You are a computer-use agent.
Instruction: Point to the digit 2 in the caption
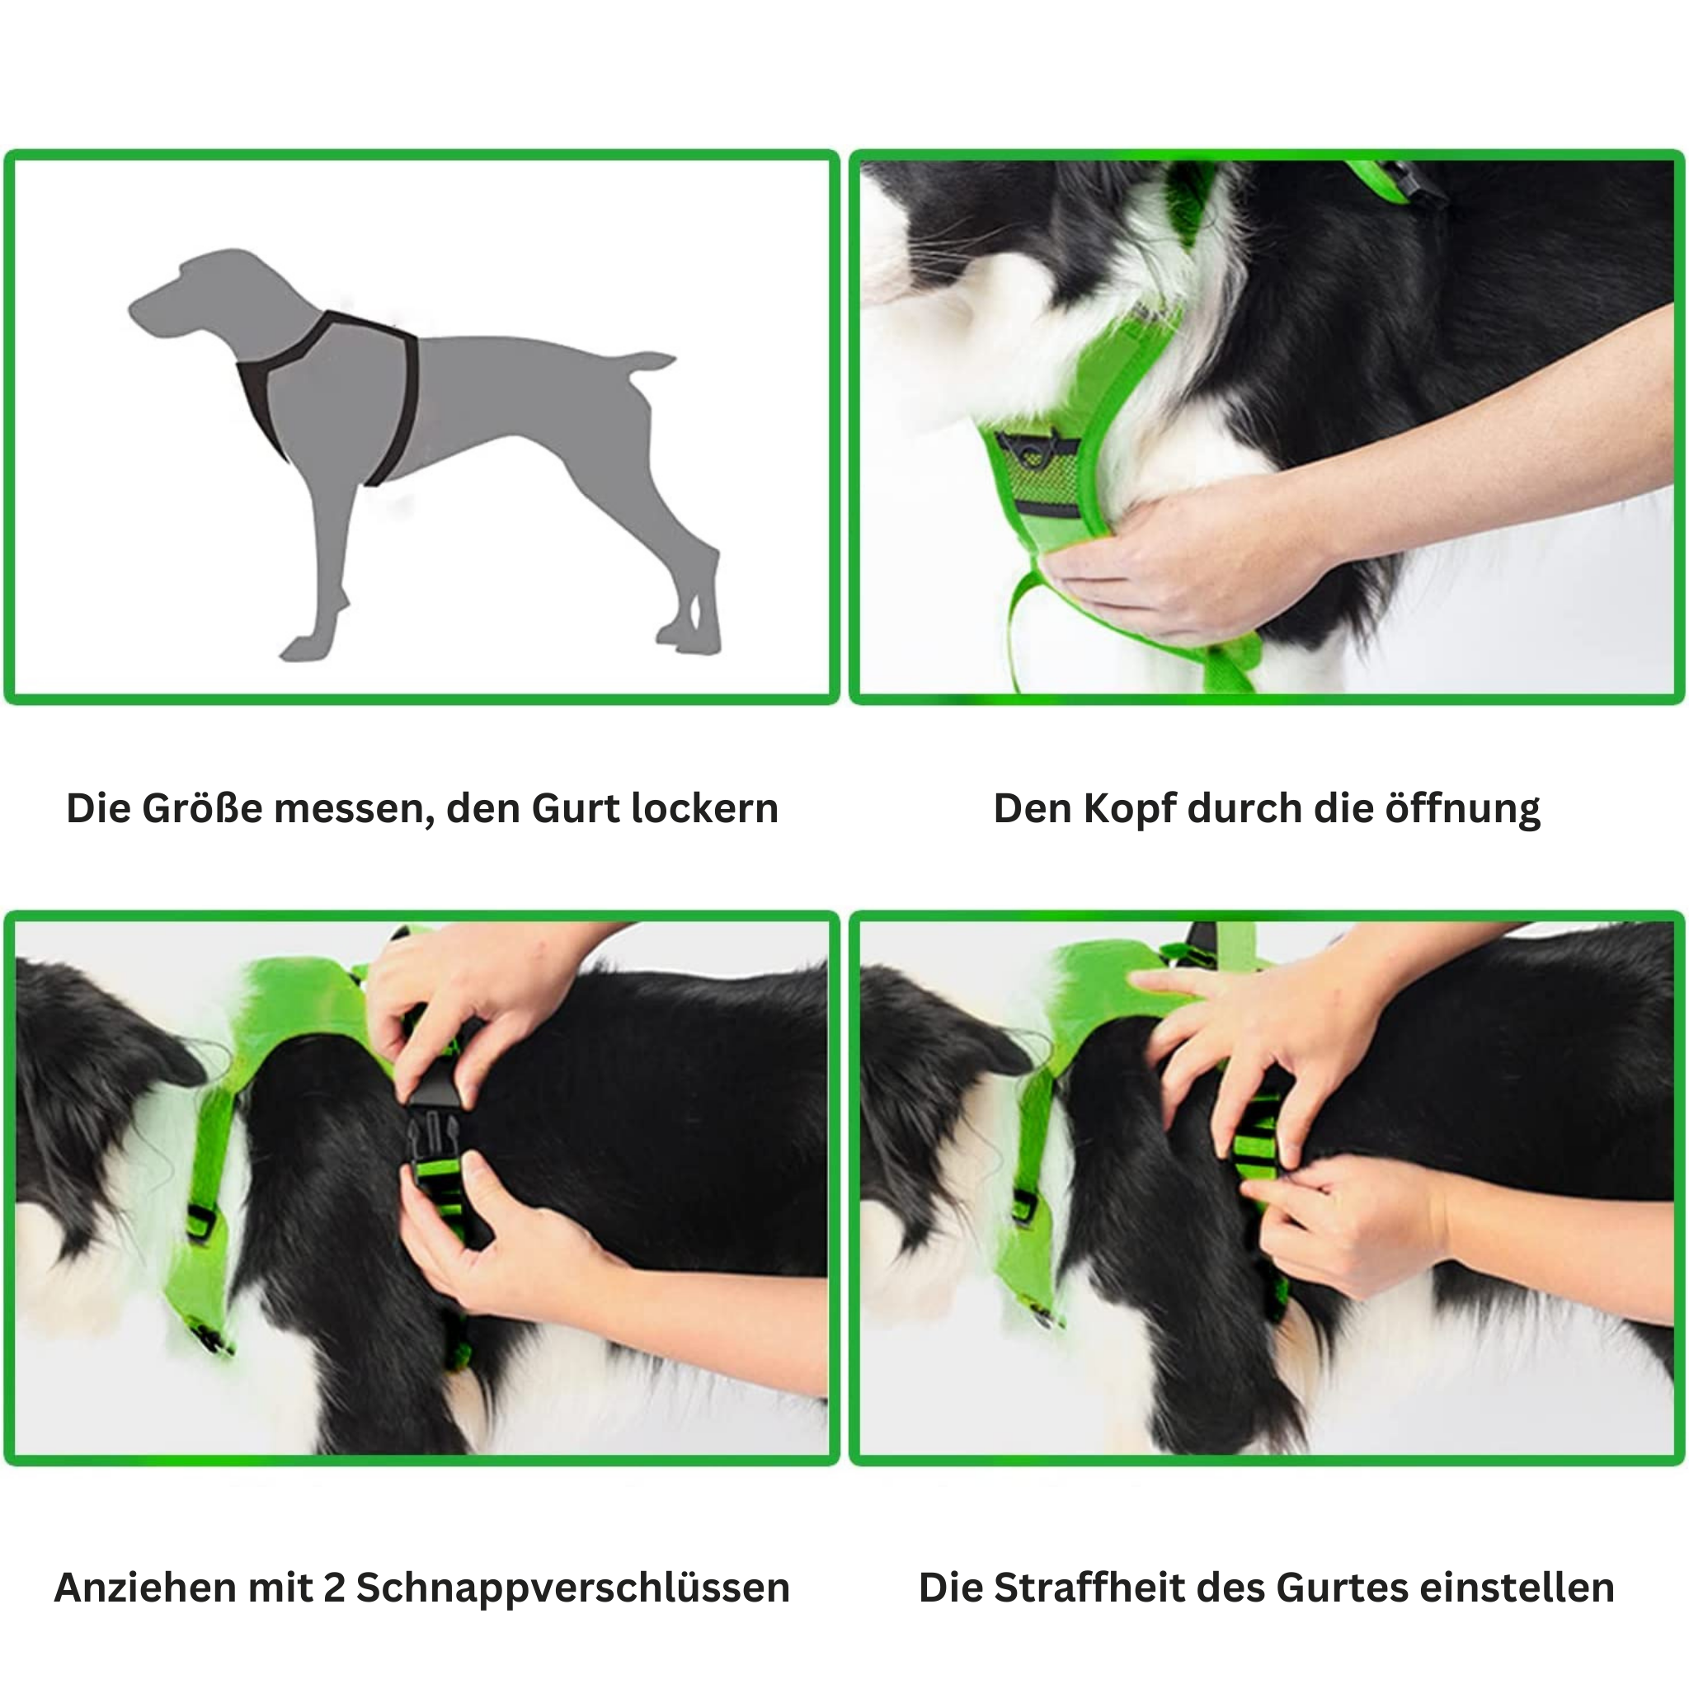334,1588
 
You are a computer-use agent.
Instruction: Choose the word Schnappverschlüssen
572,1588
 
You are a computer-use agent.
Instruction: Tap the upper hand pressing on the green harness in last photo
1250,1032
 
